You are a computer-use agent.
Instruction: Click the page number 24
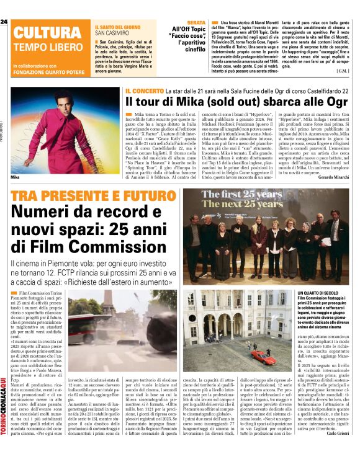click(4, 22)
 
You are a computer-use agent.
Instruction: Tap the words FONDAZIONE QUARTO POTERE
click(48, 71)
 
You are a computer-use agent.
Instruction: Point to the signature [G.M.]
click(342, 71)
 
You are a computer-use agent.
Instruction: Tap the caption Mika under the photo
click(16, 177)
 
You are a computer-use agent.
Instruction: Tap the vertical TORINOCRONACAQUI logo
click(5, 410)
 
